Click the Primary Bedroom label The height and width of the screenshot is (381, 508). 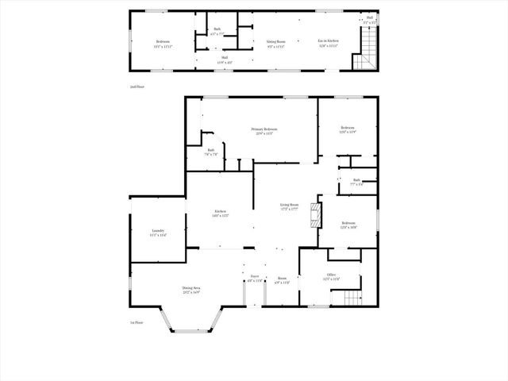tap(263, 129)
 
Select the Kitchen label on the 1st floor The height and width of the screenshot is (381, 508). tap(220, 211)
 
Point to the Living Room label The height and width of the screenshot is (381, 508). tap(289, 205)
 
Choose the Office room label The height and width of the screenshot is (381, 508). tap(331, 275)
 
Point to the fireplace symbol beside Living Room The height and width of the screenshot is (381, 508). tap(315, 213)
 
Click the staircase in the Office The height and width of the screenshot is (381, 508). tap(352, 298)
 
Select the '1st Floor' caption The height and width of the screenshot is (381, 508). tap(137, 322)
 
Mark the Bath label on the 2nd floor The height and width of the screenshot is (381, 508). tap(217, 30)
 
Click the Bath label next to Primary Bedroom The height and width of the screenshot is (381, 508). tap(211, 150)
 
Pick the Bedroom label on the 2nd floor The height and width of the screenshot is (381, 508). tap(163, 40)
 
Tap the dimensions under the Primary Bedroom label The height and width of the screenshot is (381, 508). tap(263, 133)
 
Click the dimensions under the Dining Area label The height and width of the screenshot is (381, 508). tap(190, 292)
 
